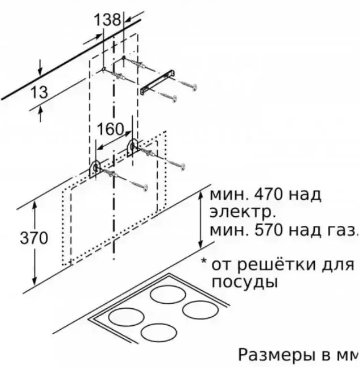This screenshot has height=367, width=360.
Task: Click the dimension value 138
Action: (107, 20)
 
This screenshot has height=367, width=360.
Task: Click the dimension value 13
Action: (39, 92)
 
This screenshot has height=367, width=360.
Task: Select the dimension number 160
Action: (110, 129)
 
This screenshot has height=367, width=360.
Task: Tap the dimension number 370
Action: (34, 238)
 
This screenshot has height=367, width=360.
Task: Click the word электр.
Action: (242, 212)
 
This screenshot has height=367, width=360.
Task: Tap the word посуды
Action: (245, 283)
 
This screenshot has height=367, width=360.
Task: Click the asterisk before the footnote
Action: (204, 261)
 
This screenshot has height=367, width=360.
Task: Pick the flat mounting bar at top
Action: (158, 82)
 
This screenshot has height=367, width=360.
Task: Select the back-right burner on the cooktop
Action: (168, 294)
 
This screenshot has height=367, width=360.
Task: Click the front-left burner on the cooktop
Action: (126, 317)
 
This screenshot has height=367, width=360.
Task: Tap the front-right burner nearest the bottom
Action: (159, 333)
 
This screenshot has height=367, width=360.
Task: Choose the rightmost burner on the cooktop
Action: (201, 309)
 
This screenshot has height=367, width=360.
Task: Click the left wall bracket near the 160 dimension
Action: (95, 169)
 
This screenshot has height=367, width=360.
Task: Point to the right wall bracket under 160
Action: (132, 147)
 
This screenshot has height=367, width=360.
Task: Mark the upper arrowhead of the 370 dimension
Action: (34, 206)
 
